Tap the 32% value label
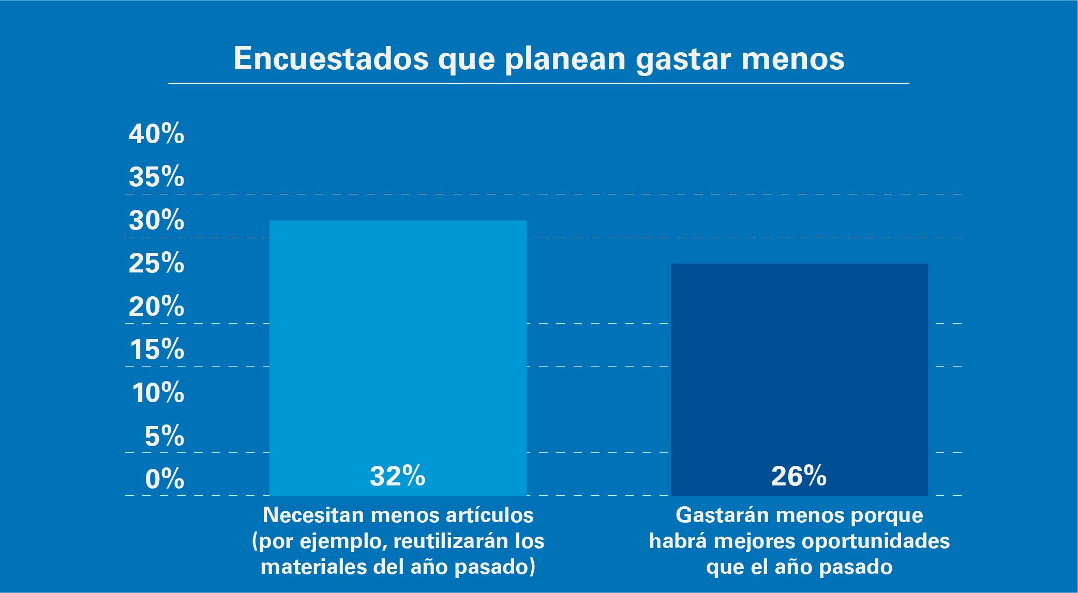(397, 476)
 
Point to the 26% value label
(799, 476)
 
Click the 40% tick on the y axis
(156, 135)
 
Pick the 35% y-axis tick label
(156, 178)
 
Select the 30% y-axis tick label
(156, 221)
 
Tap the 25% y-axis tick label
(156, 264)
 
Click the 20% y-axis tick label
(156, 308)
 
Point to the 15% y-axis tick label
(157, 351)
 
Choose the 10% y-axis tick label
(158, 394)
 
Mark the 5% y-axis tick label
(164, 437)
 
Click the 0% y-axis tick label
(164, 480)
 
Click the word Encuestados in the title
(331, 59)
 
